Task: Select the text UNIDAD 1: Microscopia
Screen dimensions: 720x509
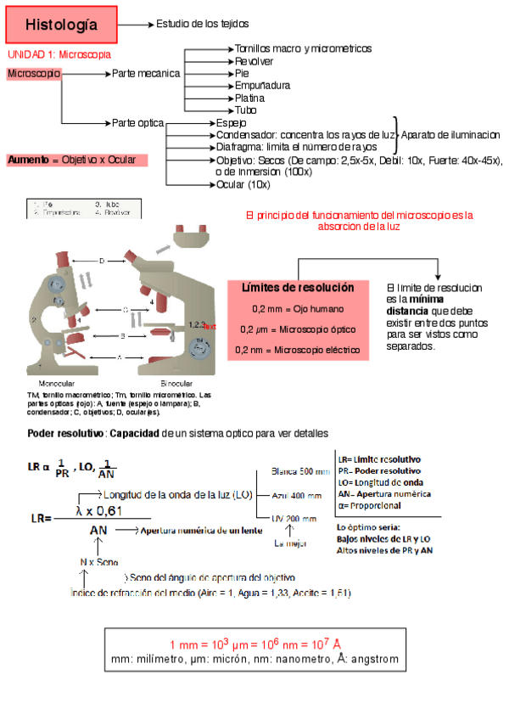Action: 59,54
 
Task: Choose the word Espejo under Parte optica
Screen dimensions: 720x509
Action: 232,123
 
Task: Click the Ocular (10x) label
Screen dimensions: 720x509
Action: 243,184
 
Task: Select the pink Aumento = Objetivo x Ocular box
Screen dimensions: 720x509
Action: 76,160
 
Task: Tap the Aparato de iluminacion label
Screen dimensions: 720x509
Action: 450,135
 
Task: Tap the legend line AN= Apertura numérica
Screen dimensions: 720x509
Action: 383,494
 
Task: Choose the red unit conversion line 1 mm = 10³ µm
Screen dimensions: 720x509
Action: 255,644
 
